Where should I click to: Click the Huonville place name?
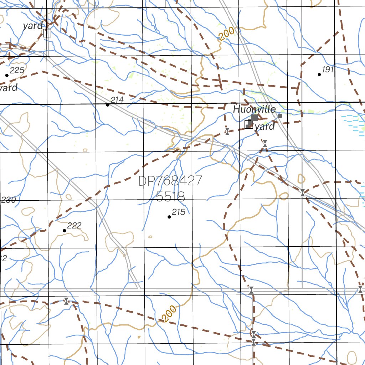[255, 109]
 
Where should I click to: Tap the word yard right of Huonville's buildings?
[265, 127]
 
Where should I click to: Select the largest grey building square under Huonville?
[255, 118]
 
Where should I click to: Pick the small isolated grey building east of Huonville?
[280, 116]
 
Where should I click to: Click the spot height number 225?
[17, 70]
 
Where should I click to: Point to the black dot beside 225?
[6, 75]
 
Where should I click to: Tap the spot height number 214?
[117, 100]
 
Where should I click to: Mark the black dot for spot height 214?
[108, 105]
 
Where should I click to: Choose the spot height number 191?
[328, 70]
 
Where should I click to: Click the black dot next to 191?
[319, 74]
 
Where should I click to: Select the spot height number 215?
[179, 212]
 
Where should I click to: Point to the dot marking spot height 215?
[169, 217]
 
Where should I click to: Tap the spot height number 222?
[74, 226]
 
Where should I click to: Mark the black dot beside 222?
[65, 231]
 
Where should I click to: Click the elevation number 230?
[9, 200]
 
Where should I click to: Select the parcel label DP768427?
[170, 181]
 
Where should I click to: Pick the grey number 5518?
[170, 196]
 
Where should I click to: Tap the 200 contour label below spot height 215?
[168, 314]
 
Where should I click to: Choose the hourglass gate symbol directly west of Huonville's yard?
[227, 131]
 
